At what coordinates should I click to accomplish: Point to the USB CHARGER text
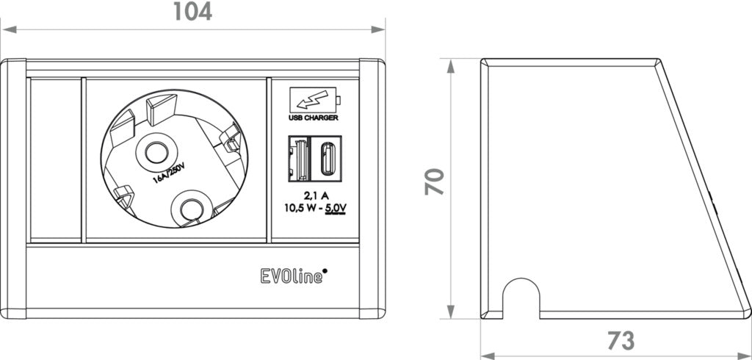(x=313, y=117)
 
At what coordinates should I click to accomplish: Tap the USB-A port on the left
(x=297, y=158)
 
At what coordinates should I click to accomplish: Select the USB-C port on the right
(x=325, y=158)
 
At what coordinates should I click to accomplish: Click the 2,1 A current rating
(x=316, y=195)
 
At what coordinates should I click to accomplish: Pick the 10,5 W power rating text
(x=304, y=207)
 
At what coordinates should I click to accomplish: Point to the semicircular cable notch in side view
(x=521, y=298)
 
